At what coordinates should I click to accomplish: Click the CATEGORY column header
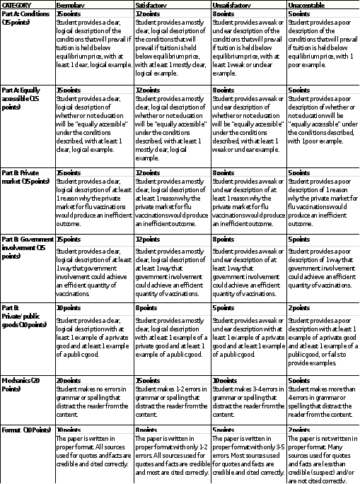[16, 4]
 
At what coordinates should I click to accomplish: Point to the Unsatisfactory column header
[233, 4]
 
